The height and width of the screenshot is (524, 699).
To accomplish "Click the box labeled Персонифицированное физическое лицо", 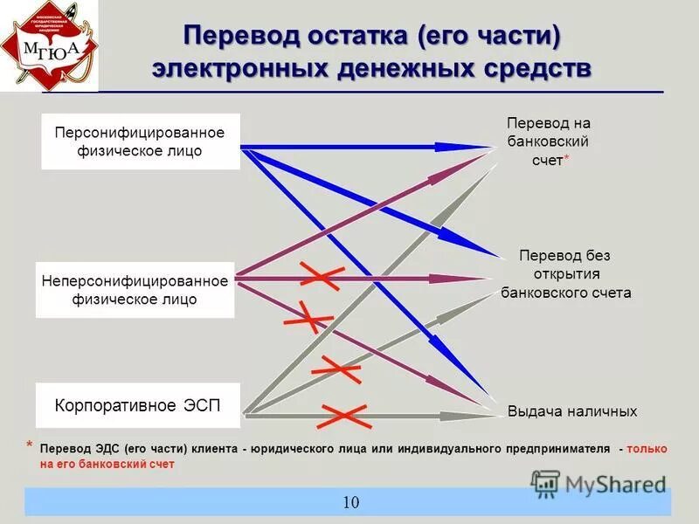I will coord(140,141).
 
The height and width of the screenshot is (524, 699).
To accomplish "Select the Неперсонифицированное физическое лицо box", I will coord(135,290).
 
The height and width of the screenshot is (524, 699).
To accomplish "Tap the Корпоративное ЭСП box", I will coord(137,406).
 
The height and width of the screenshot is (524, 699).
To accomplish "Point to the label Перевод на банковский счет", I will coord(548,141).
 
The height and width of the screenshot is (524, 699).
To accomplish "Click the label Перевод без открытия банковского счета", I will coord(565,274).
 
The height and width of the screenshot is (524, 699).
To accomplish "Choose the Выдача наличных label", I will coord(572,411).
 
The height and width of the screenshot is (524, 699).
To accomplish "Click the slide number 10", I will coord(350,502).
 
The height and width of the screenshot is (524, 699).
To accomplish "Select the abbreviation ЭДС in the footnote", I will coord(109,449).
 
